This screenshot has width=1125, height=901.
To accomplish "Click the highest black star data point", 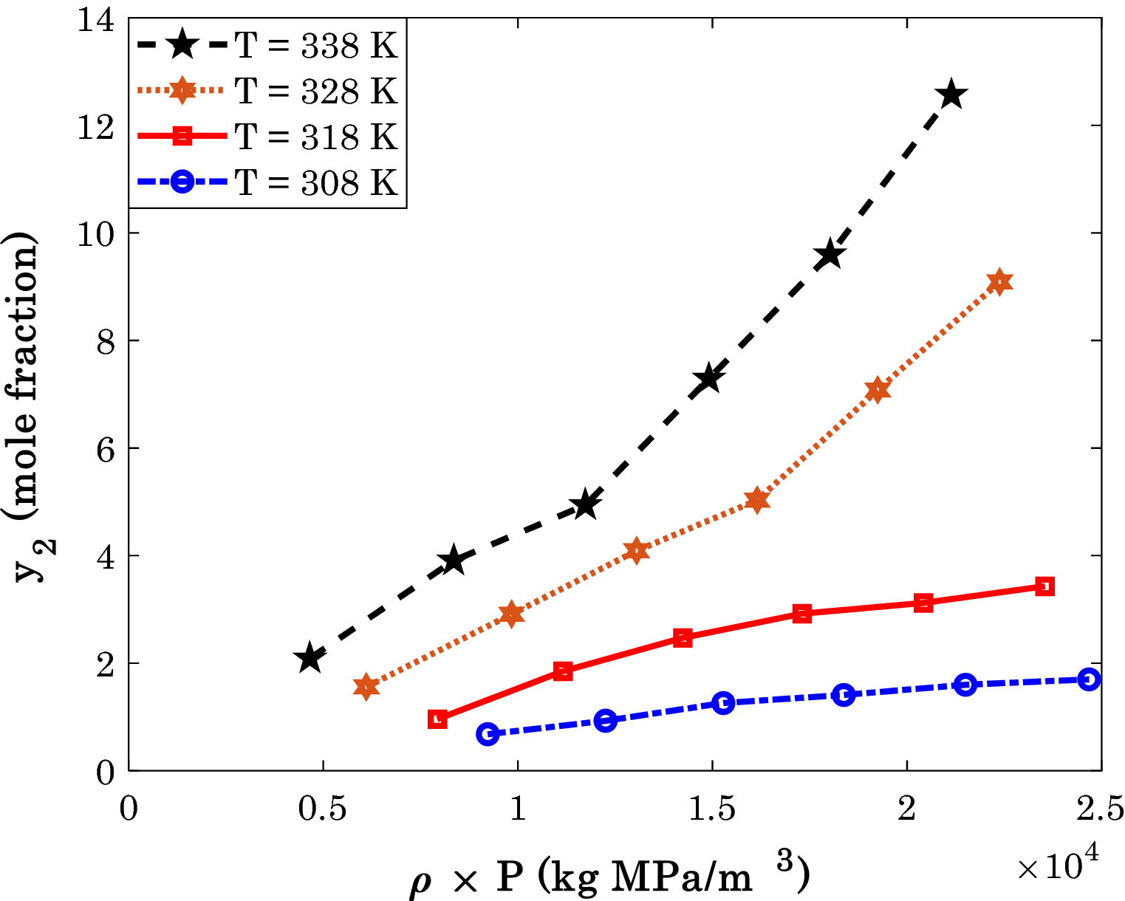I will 951,95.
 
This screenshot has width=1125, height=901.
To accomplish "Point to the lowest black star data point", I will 310,658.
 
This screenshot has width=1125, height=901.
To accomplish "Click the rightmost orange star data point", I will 999,282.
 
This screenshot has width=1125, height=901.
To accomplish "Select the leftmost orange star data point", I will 366,687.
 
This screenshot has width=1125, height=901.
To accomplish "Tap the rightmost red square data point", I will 1044,586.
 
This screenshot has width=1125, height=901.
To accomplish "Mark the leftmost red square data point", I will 437,719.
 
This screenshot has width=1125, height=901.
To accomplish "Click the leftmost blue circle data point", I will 488,734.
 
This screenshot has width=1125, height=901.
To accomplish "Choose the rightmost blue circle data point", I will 1089,679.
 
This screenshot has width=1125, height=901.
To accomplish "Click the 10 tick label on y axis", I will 96,233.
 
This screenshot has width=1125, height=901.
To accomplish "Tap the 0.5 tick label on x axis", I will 323,809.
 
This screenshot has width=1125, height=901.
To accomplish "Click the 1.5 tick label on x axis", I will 712,809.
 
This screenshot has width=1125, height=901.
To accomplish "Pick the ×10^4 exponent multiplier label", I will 1058,864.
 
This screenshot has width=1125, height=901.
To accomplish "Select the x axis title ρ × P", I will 610,877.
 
